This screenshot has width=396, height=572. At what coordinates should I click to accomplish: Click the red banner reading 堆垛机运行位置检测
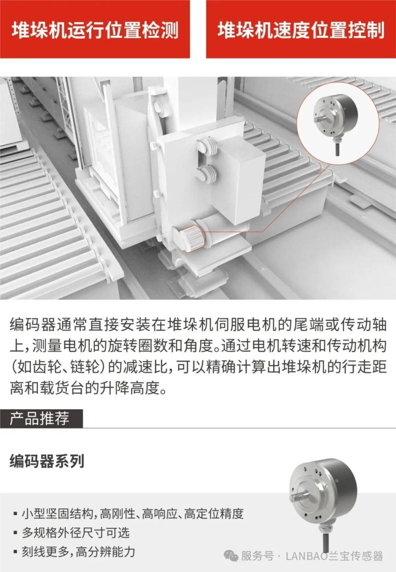click(95, 29)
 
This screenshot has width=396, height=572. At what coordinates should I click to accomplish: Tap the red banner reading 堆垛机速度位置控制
click(301, 29)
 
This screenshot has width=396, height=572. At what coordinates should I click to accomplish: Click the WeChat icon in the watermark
click(231, 556)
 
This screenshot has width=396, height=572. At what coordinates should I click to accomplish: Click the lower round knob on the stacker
click(206, 174)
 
